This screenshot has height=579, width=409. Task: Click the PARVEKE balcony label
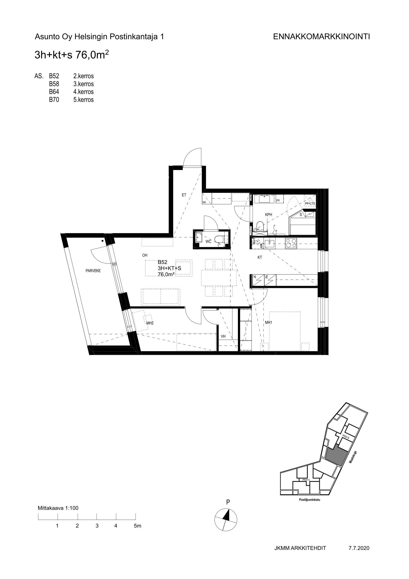(x=93, y=271)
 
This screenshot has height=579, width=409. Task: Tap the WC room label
(x=208, y=242)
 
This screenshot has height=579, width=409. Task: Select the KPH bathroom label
(x=269, y=215)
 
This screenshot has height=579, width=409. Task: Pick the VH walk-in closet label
(x=223, y=336)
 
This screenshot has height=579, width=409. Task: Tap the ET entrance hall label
(x=184, y=195)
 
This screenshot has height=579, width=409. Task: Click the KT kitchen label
(x=260, y=257)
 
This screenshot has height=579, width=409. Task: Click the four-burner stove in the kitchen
(x=291, y=243)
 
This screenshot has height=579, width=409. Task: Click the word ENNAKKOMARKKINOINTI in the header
(x=321, y=37)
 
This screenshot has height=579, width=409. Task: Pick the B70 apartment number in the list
(x=54, y=100)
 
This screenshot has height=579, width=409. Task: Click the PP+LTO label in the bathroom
(x=310, y=203)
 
